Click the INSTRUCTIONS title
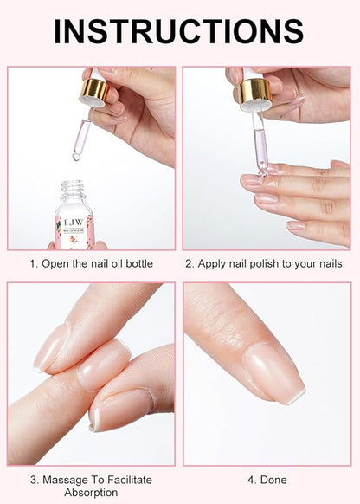coord(179,31)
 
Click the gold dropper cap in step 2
coord(255,91)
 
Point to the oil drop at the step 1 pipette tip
coord(76,158)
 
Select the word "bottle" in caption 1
coord(139,263)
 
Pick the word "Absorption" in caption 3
coord(91,493)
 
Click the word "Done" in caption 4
coord(273,480)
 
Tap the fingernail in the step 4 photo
coord(273,372)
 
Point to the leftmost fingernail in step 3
coord(51,349)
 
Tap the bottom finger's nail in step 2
coord(295,226)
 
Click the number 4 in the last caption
coord(251,480)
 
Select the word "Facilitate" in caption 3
coord(130,480)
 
